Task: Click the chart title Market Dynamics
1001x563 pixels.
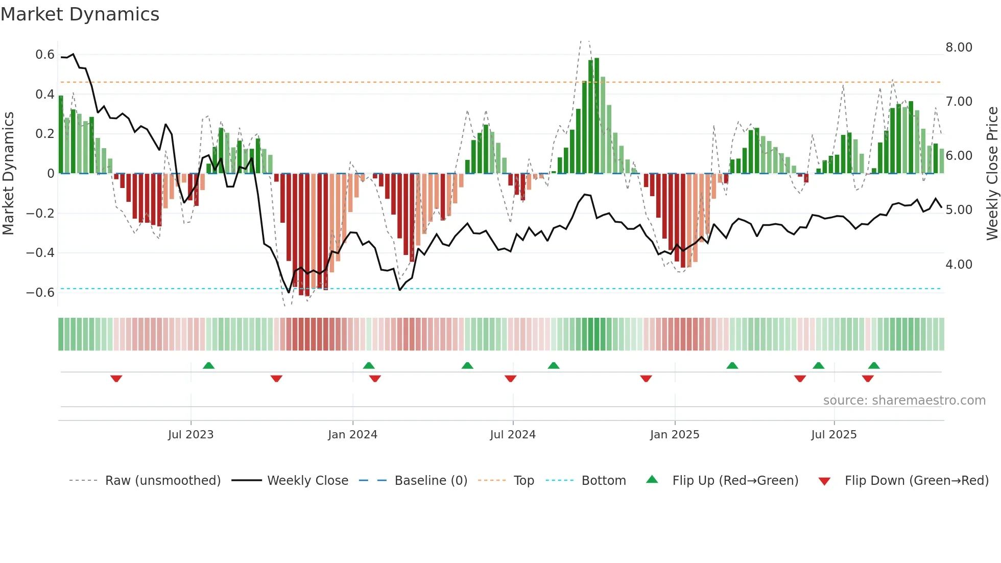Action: (x=80, y=14)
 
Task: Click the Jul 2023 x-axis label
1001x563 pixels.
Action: (x=190, y=435)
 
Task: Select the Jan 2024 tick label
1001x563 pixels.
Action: (x=352, y=435)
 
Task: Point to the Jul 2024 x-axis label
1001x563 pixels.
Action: (x=513, y=435)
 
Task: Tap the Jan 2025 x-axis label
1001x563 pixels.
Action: (x=675, y=435)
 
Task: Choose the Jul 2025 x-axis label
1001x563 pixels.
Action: (x=834, y=435)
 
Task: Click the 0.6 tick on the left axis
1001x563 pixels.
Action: (x=45, y=55)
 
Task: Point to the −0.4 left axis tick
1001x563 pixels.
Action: (x=40, y=253)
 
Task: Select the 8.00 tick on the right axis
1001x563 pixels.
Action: (x=959, y=48)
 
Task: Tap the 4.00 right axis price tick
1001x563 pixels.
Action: (x=959, y=265)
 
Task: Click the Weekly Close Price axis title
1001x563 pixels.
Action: (x=992, y=174)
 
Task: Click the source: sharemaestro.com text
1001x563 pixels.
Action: (x=904, y=401)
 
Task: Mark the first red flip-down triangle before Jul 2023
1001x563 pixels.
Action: (x=116, y=379)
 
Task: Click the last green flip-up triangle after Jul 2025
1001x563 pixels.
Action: (x=874, y=365)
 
